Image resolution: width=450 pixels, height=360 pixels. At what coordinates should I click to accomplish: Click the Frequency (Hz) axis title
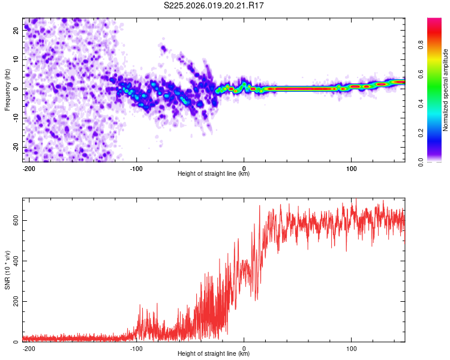pos(7,89)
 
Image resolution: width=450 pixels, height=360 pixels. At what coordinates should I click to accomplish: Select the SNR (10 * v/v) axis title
pos(7,269)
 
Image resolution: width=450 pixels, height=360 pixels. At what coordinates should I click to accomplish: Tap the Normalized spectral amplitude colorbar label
pos(446,90)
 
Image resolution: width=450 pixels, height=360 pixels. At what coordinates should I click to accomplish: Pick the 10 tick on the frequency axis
pos(17,60)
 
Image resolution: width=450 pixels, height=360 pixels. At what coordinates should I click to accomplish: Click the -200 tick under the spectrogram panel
pos(28,167)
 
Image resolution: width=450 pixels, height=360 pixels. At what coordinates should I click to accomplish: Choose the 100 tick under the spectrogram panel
pos(351,167)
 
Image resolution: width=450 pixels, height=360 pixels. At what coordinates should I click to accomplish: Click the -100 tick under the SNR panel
pos(136,347)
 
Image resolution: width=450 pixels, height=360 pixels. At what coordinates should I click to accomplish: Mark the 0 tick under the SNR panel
pos(244,347)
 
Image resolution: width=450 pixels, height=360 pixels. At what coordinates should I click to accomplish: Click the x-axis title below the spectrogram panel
pos(214,174)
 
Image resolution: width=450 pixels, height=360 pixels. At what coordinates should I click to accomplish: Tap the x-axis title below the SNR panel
pos(214,354)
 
